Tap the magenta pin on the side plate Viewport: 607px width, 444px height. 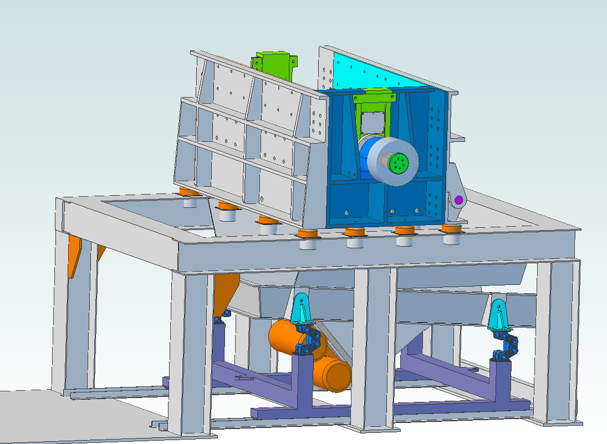tap(458, 200)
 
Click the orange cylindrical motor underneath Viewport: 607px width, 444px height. tap(310, 355)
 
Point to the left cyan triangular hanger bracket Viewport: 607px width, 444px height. tap(302, 311)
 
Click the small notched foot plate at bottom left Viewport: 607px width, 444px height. tap(160, 426)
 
